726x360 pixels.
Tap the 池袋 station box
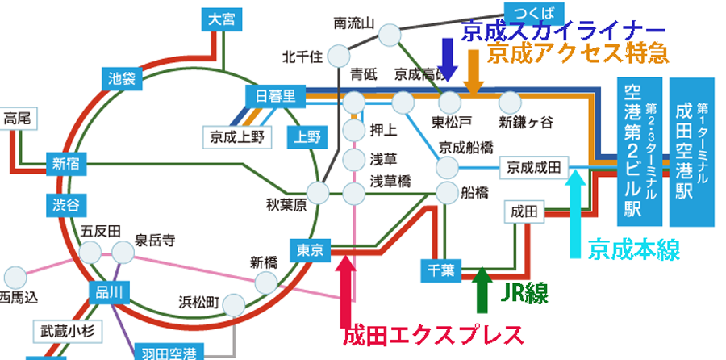click(121, 79)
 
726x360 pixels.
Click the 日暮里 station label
click(276, 96)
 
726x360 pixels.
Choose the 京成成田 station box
click(536, 167)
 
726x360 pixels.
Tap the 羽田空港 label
click(169, 353)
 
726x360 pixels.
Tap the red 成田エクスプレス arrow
click(345, 286)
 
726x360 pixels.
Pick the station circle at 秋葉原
click(319, 193)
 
